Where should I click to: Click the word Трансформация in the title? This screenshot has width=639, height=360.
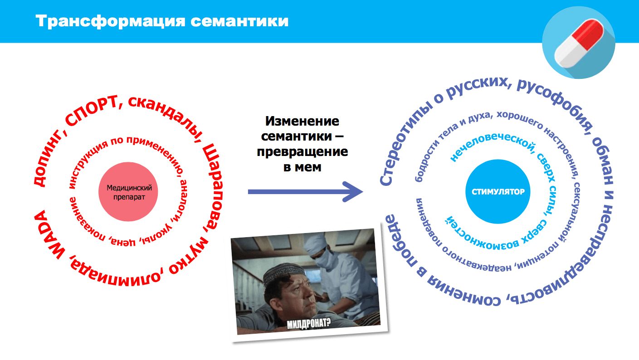[x=111, y=22]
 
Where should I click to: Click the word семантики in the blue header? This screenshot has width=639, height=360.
[x=239, y=22]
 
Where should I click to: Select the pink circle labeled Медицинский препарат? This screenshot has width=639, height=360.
[x=128, y=192]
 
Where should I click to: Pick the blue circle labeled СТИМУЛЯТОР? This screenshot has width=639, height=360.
[x=498, y=191]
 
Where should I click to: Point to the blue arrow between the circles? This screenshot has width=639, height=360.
[x=305, y=192]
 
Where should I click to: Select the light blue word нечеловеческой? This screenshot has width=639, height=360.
[x=491, y=145]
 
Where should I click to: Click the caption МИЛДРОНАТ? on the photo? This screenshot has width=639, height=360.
[x=309, y=324]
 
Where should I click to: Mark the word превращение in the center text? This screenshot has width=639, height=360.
[x=302, y=151]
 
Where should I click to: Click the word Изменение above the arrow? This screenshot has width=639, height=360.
[x=302, y=121]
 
